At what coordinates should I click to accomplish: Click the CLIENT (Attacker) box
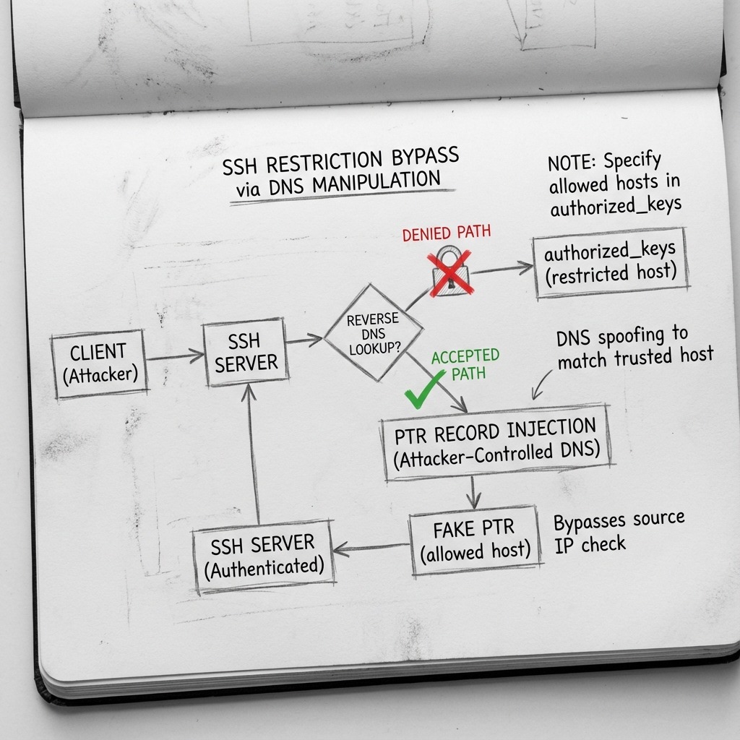pos(99,364)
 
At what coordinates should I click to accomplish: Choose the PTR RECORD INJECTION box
pos(496,442)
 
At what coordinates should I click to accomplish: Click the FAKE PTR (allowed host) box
pos(474,540)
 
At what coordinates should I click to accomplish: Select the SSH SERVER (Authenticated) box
pos(263,555)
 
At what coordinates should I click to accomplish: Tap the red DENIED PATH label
pos(446,233)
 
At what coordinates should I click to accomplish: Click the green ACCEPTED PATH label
pos(465,364)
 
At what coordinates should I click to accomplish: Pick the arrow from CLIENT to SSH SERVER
pos(175,356)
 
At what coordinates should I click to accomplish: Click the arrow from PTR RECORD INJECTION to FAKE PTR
pos(473,493)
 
